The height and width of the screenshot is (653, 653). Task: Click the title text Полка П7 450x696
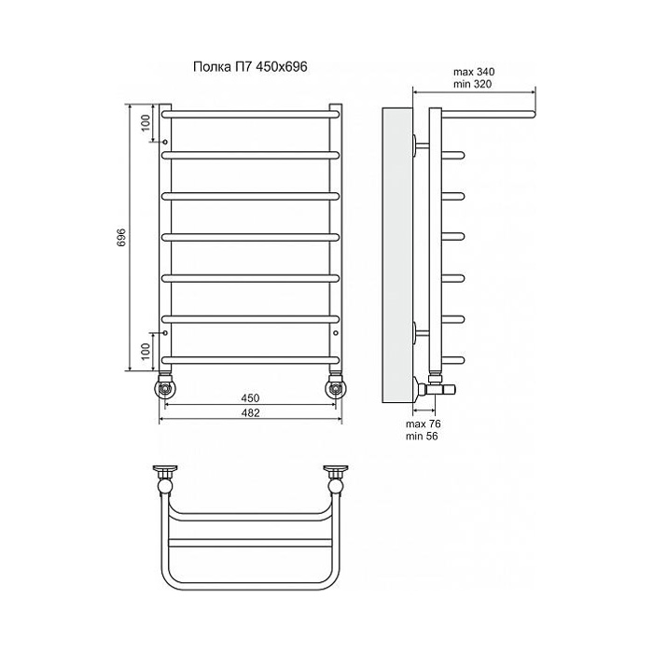pyautogui.click(x=250, y=66)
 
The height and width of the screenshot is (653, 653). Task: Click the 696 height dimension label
pyautogui.click(x=120, y=237)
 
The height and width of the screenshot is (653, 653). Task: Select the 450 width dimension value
pyautogui.click(x=250, y=398)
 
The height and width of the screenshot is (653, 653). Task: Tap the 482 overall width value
pyautogui.click(x=250, y=412)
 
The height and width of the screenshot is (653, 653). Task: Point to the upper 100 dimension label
pyautogui.click(x=146, y=123)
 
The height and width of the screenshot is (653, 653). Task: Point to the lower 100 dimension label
pyautogui.click(x=146, y=352)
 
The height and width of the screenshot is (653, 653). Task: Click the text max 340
pyautogui.click(x=474, y=72)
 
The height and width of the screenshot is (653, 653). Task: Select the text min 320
pyautogui.click(x=472, y=84)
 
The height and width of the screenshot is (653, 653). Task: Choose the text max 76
pyautogui.click(x=424, y=424)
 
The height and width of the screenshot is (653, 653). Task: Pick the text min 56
pyautogui.click(x=422, y=436)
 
